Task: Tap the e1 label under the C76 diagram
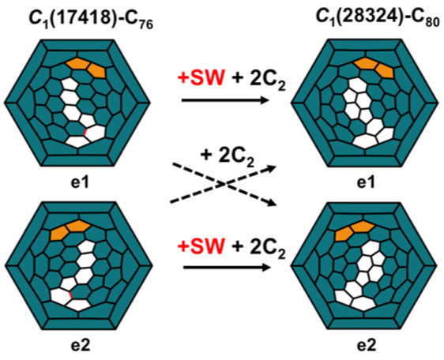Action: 80,182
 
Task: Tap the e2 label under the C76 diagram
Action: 80,345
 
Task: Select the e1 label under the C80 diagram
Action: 365,182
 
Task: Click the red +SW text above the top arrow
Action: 201,77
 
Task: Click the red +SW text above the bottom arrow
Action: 201,246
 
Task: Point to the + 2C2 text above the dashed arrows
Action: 227,156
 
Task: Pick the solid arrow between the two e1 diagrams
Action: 224,100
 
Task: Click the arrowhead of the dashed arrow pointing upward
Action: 272,169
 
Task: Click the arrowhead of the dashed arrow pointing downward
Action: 271,202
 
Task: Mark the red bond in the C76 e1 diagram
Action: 85,132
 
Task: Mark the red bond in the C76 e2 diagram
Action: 71,294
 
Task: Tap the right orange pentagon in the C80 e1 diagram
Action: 385,70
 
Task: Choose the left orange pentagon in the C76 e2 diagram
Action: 59,233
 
